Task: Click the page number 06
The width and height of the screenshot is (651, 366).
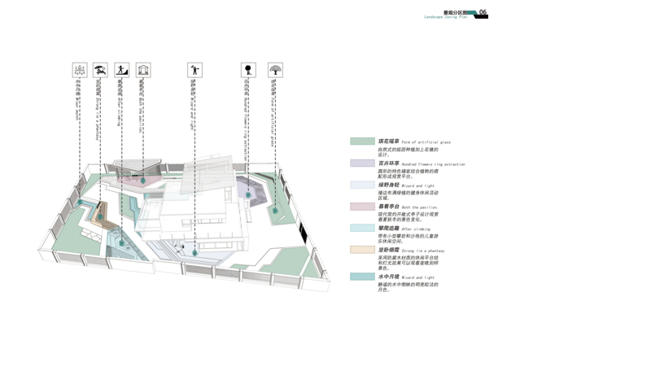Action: (483, 13)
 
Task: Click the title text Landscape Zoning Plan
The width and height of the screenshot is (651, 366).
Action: (445, 17)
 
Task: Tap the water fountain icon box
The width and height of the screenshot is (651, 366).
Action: (80, 71)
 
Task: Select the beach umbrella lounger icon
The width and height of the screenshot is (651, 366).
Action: (100, 71)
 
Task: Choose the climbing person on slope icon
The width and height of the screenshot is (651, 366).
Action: (121, 71)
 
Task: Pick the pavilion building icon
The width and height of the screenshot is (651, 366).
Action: (143, 71)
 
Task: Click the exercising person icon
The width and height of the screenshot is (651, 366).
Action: (194, 71)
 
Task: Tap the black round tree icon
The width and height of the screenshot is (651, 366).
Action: (248, 71)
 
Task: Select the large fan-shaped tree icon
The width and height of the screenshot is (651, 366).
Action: (275, 71)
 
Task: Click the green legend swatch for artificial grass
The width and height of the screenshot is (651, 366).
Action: (362, 142)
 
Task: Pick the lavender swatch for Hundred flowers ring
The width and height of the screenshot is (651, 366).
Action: (362, 163)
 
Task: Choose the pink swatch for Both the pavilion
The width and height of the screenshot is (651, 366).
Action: (362, 207)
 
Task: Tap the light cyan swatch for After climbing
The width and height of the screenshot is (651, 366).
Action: (362, 229)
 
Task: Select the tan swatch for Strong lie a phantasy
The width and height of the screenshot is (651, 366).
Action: (362, 250)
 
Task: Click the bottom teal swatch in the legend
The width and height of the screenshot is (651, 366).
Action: (362, 277)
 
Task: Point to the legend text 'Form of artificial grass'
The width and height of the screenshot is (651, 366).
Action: (426, 142)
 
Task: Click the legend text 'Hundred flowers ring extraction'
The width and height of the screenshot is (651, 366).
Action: (433, 164)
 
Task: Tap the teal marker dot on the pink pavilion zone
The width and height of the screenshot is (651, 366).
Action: (143, 180)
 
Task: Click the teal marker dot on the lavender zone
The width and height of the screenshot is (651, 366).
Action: (248, 194)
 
